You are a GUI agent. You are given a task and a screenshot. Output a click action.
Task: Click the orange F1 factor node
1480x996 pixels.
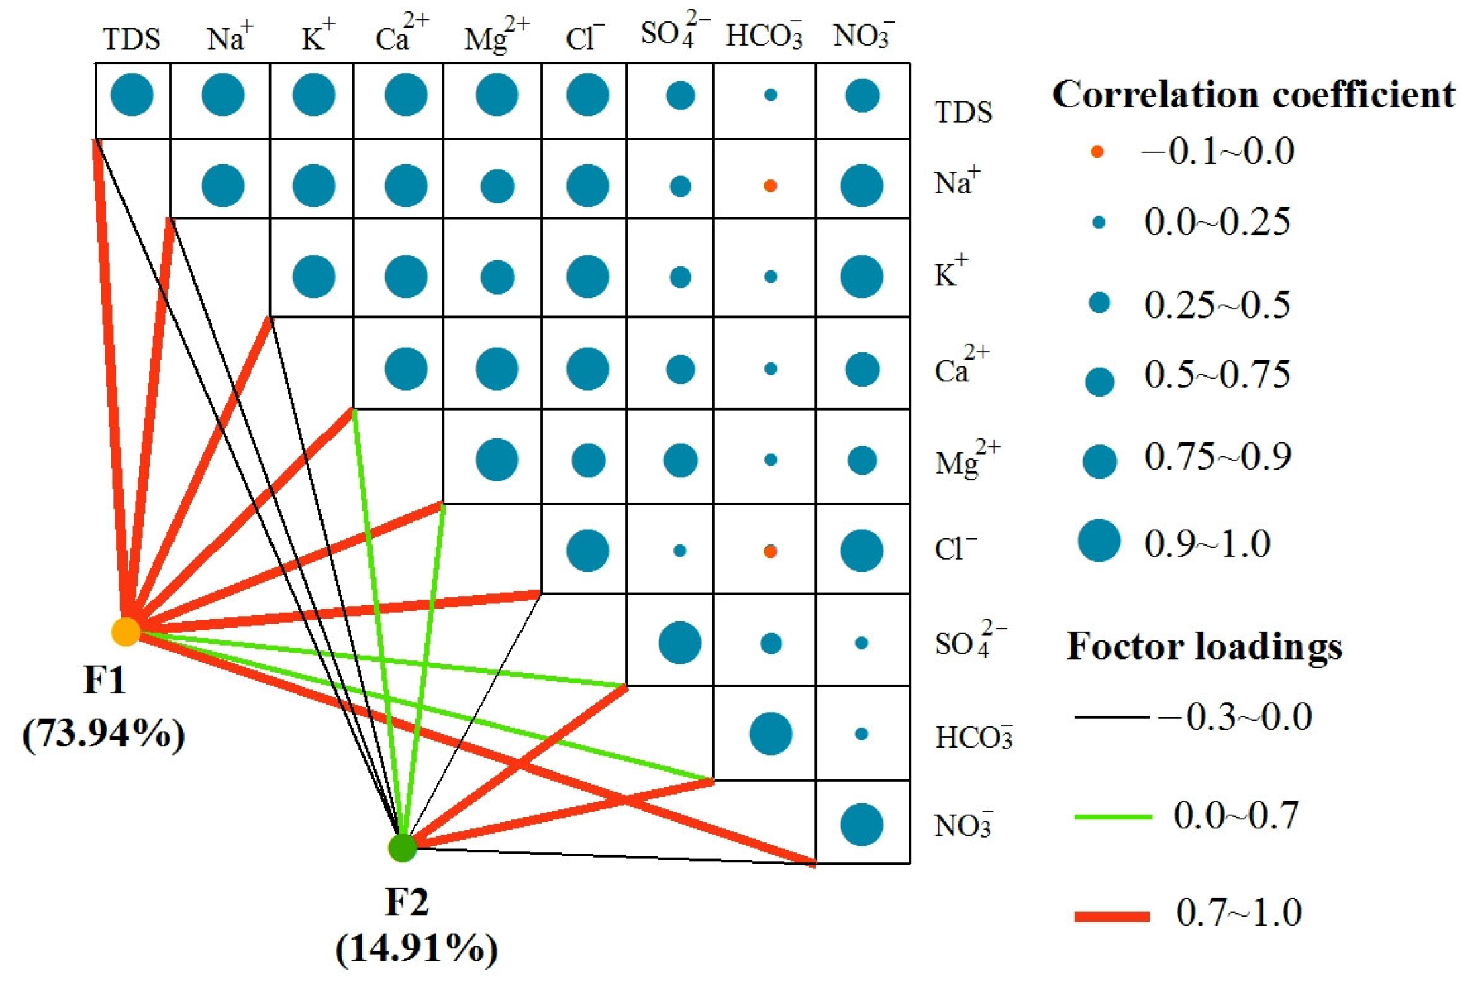coord(126,631)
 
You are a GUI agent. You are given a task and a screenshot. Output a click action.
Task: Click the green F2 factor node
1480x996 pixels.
coord(403,848)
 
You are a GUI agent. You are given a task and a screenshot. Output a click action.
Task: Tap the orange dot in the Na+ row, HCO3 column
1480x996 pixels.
coord(771,185)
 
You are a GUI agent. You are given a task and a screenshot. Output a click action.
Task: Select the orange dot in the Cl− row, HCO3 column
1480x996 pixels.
coord(771,551)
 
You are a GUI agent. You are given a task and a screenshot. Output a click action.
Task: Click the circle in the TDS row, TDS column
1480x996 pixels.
coord(132,95)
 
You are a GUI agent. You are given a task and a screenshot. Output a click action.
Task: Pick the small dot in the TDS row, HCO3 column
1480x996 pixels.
coord(771,95)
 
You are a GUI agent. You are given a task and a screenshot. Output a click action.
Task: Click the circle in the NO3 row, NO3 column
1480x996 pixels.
coord(862,824)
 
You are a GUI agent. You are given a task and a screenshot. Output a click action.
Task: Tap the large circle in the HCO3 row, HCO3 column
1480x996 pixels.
coord(771,734)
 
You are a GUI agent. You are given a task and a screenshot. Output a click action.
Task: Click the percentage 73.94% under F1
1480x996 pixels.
coord(104,734)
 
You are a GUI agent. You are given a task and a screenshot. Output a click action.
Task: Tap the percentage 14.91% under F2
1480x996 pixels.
coord(417,948)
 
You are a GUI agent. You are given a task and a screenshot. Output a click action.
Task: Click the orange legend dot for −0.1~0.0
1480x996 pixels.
coord(1097,152)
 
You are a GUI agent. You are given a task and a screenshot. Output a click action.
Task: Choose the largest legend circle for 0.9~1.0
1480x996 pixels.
coord(1099,540)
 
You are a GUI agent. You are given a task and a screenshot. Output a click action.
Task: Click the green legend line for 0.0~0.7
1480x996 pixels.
coord(1113,817)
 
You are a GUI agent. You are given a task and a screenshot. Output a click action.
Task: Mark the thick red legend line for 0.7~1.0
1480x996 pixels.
coord(1113,916)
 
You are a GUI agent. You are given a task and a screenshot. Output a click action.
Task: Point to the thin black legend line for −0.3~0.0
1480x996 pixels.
coord(1113,717)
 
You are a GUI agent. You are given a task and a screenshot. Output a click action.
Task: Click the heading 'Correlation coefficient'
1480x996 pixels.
coord(1253,94)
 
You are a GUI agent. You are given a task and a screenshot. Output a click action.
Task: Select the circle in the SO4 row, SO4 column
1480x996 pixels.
coord(680,642)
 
